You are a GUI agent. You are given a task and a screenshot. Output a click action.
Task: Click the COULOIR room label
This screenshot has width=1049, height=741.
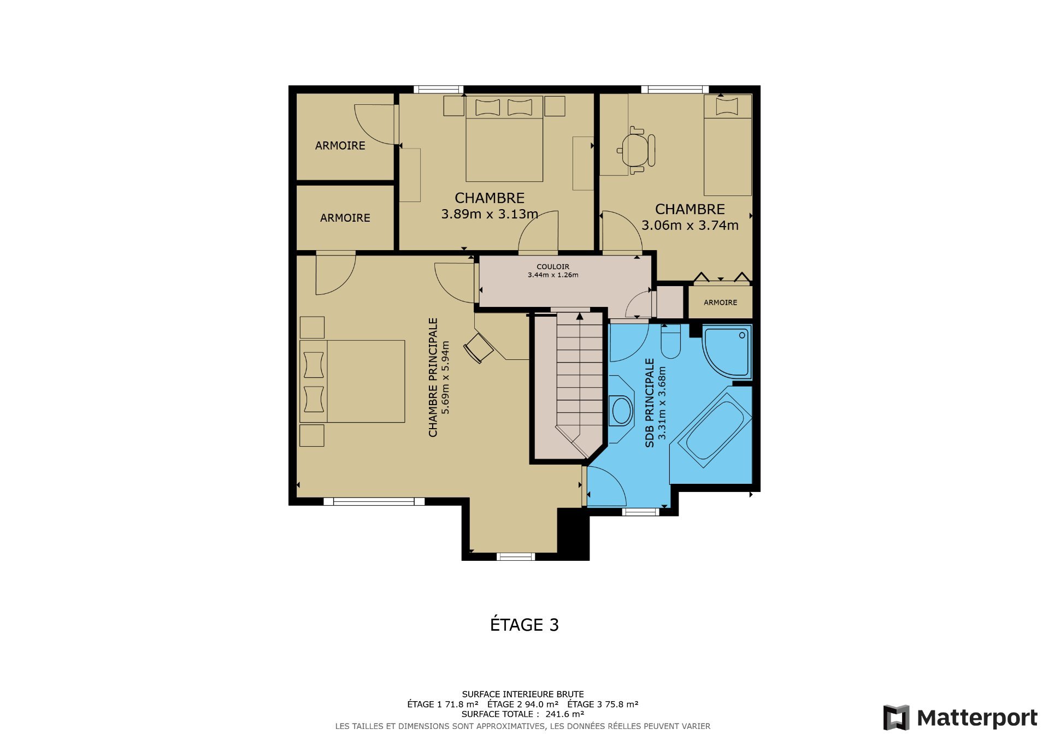click(x=552, y=266)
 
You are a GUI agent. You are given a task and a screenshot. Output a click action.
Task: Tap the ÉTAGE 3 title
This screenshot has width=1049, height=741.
click(x=524, y=624)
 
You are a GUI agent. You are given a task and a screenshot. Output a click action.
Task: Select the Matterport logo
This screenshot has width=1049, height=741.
click(x=960, y=718)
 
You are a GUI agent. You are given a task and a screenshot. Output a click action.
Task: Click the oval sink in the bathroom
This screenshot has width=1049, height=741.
click(x=622, y=411)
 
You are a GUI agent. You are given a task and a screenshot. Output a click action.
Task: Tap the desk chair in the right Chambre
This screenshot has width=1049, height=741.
click(x=637, y=150)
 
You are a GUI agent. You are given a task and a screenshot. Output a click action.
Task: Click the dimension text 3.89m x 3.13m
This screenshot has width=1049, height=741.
click(x=489, y=214)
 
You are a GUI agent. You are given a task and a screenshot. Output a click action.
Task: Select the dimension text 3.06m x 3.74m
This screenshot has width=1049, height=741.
click(x=689, y=225)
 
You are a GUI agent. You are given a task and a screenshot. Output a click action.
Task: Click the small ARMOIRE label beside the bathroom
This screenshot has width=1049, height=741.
click(x=720, y=303)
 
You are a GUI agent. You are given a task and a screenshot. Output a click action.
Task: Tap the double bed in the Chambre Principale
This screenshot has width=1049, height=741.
click(x=353, y=381)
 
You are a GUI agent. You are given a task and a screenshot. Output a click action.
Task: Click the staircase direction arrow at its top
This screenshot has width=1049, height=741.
click(x=580, y=316)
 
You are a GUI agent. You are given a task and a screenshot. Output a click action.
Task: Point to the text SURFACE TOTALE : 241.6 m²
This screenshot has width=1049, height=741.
click(x=522, y=714)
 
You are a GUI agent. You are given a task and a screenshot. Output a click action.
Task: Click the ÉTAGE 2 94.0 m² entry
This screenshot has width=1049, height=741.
click(x=522, y=704)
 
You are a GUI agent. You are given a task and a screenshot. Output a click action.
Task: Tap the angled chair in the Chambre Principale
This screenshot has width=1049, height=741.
click(x=479, y=348)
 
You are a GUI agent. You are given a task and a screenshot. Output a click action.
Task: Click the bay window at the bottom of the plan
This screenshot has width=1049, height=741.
click(x=516, y=556)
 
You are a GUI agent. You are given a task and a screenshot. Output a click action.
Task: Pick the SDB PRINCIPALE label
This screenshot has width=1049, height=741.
click(x=650, y=402)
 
